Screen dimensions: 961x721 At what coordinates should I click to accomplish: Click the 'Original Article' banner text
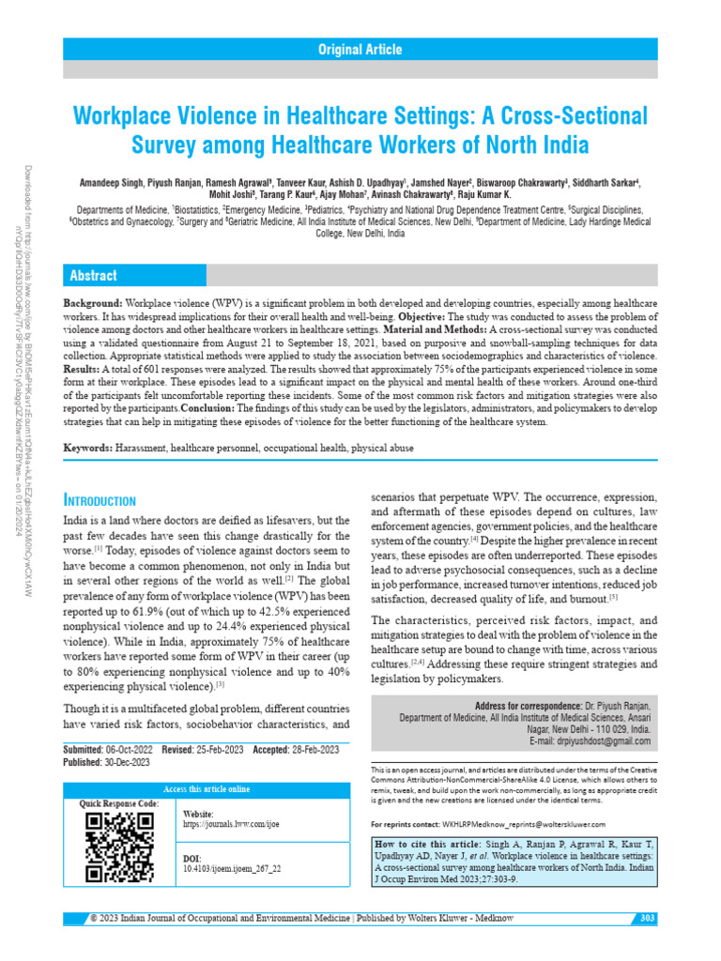(x=360, y=50)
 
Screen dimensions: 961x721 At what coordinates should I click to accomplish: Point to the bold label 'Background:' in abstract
(x=92, y=306)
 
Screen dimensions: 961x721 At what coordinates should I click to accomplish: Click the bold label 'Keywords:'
(x=87, y=449)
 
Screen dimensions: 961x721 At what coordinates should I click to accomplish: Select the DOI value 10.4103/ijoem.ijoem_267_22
(x=231, y=868)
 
